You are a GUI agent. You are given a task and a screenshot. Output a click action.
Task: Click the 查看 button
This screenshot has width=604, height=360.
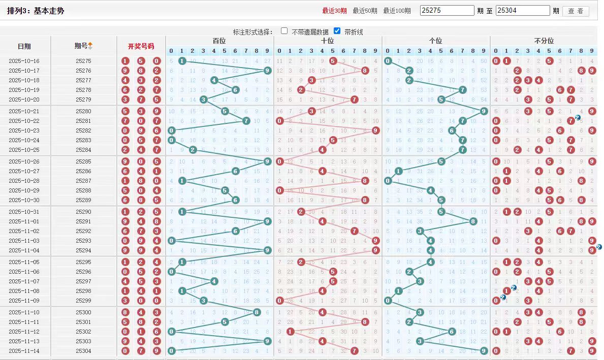coord(576,11)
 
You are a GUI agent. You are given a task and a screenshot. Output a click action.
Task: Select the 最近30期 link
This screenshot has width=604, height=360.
coord(334,11)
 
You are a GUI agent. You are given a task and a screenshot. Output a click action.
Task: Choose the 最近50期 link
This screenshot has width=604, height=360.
coord(365,11)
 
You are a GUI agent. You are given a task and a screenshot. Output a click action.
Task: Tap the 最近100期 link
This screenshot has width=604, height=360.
coord(397,11)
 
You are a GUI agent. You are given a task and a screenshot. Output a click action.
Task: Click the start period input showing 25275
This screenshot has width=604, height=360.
coord(447,11)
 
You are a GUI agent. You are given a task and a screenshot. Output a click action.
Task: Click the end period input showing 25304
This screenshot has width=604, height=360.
coord(523,11)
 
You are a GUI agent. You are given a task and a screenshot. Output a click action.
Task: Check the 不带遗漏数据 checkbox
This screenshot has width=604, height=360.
coord(284,31)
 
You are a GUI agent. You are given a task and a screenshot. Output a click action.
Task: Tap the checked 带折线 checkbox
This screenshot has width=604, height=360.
coord(337,31)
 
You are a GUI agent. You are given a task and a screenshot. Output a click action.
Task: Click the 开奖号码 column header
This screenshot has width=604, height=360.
coord(141,46)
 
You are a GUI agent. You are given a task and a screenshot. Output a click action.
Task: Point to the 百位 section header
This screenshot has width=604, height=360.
coord(219,41)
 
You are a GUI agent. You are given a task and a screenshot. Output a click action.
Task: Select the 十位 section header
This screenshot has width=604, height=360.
coord(328,41)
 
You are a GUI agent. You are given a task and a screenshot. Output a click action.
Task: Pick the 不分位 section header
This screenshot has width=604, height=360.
coord(544,41)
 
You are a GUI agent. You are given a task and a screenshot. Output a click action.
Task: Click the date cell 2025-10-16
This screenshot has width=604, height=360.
coord(24,61)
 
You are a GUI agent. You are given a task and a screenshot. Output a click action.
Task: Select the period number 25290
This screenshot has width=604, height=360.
coord(83,212)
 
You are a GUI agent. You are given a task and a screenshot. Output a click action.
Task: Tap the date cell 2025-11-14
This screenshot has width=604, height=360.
coord(24,351)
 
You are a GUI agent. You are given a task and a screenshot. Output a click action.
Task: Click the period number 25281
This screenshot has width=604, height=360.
coord(83,121)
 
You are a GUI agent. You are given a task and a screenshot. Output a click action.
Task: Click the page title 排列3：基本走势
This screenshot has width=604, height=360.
coord(36,10)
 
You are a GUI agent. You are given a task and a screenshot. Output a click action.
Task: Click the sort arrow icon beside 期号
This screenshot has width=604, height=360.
coord(90,46)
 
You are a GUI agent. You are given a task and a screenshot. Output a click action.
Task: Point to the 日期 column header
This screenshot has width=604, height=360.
coord(24,46)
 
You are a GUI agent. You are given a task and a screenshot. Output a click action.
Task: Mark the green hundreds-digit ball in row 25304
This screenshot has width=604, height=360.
coord(171,351)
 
